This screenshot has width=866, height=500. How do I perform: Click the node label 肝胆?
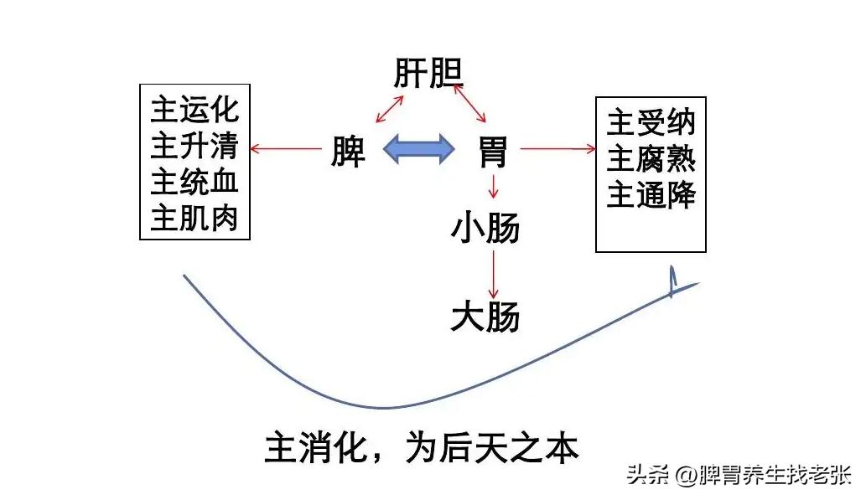point(429,75)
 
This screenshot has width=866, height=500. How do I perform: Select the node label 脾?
point(348,151)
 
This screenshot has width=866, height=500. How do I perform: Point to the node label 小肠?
point(485,227)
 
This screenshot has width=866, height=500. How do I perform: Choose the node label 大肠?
point(485,317)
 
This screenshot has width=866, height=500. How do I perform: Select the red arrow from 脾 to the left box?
point(287,150)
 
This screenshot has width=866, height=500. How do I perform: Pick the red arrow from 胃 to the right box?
point(557,149)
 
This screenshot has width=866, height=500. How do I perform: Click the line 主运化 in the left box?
point(194,110)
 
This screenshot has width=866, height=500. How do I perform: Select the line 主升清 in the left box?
point(194,146)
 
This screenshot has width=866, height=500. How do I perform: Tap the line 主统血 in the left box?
point(194,182)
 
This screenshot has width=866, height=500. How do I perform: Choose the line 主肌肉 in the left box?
point(194,218)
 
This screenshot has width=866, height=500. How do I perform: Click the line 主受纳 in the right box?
point(651,123)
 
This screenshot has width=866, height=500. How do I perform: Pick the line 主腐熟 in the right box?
point(651,159)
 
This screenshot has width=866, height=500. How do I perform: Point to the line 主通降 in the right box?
point(651,195)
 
